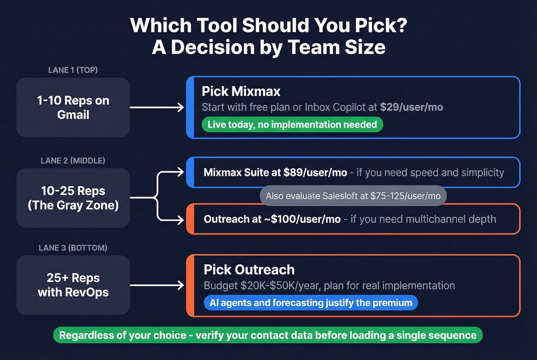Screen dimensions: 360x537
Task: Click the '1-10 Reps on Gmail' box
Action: click(73, 107)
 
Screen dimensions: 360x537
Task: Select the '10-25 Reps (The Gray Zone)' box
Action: click(73, 198)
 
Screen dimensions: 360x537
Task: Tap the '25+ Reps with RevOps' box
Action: click(73, 285)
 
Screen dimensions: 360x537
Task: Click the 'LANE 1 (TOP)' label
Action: click(73, 70)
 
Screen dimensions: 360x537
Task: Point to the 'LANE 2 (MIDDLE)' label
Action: click(73, 161)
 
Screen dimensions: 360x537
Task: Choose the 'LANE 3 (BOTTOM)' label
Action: click(73, 248)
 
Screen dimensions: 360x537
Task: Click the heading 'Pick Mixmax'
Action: click(241, 91)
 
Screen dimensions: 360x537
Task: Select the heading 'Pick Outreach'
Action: click(249, 270)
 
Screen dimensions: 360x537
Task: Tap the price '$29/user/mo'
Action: click(411, 107)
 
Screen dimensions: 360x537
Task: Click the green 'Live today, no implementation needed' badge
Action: click(292, 125)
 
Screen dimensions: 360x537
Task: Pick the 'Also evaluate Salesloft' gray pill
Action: click(353, 196)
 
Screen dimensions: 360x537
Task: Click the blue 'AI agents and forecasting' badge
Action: click(311, 302)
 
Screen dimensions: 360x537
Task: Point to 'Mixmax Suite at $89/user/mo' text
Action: click(275, 173)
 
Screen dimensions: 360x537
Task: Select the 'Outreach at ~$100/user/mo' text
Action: click(272, 219)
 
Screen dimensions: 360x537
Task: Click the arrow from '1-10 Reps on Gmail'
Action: click(157, 107)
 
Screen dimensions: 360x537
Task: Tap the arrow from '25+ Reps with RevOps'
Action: click(157, 285)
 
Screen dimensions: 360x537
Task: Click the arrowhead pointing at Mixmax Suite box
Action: click(180, 172)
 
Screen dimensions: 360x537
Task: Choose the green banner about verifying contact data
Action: click(268, 335)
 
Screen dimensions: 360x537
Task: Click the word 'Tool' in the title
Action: click(217, 25)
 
